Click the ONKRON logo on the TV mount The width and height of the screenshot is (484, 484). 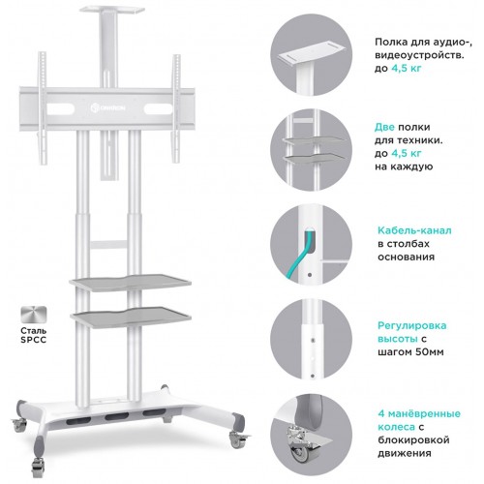(x=108, y=107)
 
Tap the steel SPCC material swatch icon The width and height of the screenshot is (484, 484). (x=34, y=315)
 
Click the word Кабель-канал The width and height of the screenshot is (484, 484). (x=414, y=230)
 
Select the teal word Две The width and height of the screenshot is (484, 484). (x=384, y=127)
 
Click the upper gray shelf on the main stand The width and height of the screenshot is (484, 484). (x=131, y=283)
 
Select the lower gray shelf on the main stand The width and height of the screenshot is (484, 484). (x=132, y=317)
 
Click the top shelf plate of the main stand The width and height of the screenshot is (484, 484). (x=111, y=10)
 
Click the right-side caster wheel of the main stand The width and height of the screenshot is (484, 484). (x=237, y=439)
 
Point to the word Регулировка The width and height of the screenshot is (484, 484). (x=412, y=325)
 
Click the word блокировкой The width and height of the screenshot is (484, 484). (x=413, y=440)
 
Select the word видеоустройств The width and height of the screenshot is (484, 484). (x=419, y=55)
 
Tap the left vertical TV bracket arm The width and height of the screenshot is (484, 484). (x=43, y=108)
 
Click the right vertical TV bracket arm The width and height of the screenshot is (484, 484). (x=176, y=108)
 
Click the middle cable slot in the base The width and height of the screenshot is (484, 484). (x=117, y=416)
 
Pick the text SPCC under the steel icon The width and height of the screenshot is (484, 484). (x=34, y=340)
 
